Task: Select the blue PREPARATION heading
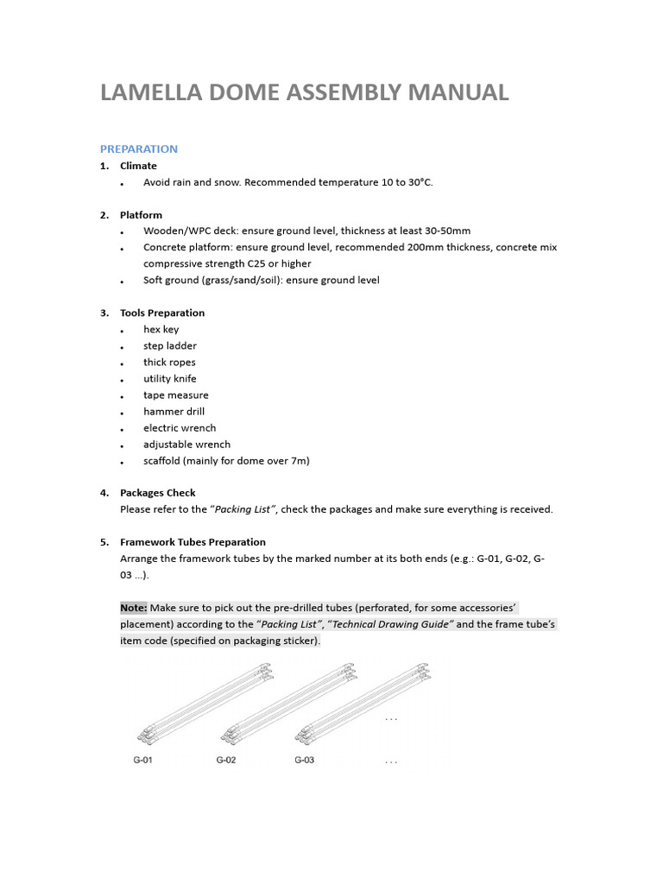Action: point(139,148)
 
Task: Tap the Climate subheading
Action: point(138,166)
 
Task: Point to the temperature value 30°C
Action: point(414,182)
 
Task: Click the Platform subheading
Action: point(141,215)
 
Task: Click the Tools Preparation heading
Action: point(162,313)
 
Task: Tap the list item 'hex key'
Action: point(161,329)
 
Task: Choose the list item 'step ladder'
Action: point(170,345)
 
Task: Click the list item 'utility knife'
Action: point(170,378)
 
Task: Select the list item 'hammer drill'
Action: point(174,411)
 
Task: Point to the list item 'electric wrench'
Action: point(180,427)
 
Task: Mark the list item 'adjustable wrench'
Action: point(187,444)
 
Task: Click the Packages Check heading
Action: point(158,493)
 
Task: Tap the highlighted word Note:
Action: point(134,608)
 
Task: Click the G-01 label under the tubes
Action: point(142,761)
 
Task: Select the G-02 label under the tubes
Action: point(225,761)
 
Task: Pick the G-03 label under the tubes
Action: point(304,761)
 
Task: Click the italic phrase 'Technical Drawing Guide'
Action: point(393,624)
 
